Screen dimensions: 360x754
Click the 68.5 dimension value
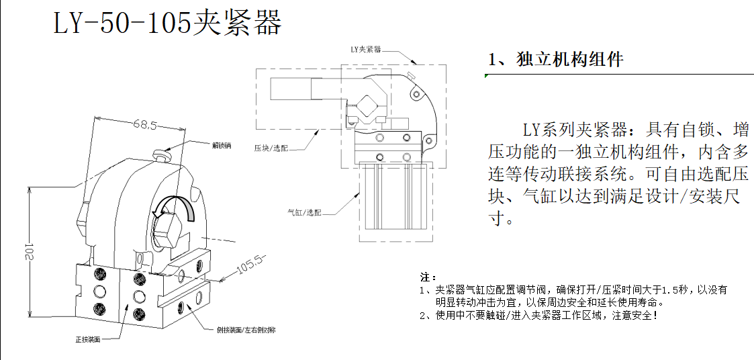pyautogui.click(x=144, y=125)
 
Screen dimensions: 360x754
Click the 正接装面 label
pyautogui.click(x=87, y=340)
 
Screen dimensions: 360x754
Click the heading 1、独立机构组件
pyautogui.click(x=557, y=60)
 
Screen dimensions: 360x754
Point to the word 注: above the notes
pyautogui.click(x=428, y=277)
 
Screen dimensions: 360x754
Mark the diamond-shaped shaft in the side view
pyautogui.click(x=367, y=106)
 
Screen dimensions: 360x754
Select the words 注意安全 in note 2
pyautogui.click(x=630, y=314)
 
